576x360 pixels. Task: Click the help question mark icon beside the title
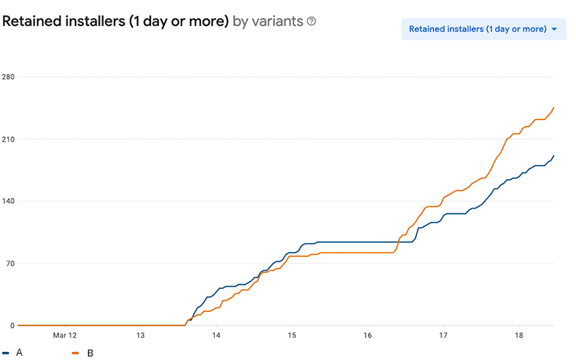(x=312, y=22)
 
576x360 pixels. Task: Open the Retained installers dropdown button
(x=476, y=30)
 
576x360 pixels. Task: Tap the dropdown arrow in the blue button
(x=554, y=30)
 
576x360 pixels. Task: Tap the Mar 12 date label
(x=65, y=336)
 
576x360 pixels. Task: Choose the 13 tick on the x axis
(x=140, y=336)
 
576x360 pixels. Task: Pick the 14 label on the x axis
(x=216, y=336)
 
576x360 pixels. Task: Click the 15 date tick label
(x=292, y=336)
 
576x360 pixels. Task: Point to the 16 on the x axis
(x=368, y=336)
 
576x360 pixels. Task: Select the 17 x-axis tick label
(x=444, y=336)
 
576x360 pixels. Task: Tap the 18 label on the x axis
(x=519, y=336)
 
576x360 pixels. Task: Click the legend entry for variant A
(x=14, y=353)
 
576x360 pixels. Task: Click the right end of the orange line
(x=554, y=108)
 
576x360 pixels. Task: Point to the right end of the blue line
(x=554, y=156)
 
